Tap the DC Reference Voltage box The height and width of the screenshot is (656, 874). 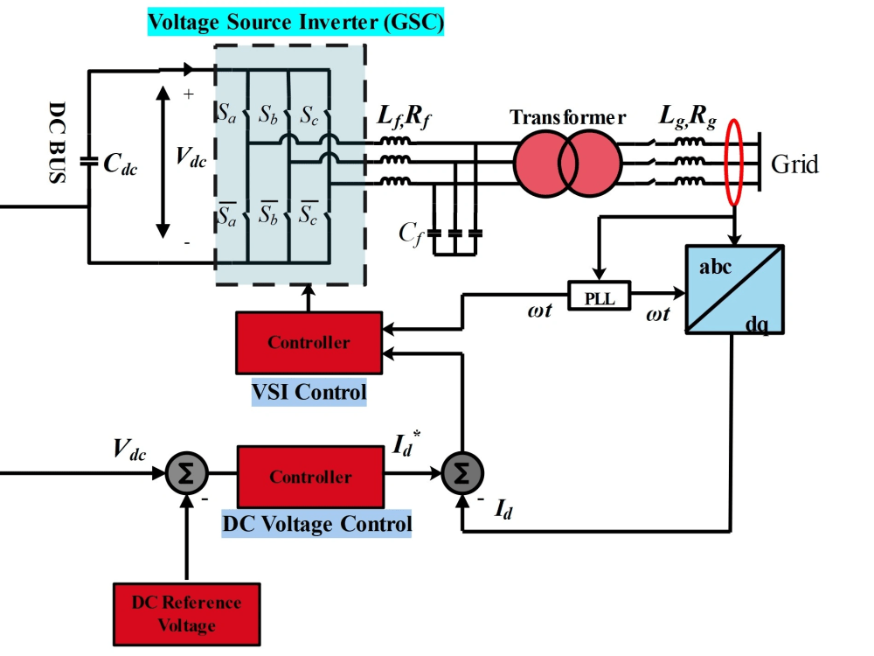(186, 614)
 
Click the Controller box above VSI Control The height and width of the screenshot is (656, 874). (309, 342)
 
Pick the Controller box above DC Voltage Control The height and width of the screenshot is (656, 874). (309, 477)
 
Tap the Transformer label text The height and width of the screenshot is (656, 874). (568, 117)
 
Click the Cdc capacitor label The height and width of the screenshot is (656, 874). (121, 164)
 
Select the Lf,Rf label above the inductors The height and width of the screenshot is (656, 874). (404, 116)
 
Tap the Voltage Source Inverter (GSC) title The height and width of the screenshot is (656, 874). (295, 21)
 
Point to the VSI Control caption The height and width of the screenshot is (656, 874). (309, 391)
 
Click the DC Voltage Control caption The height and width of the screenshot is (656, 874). (316, 524)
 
